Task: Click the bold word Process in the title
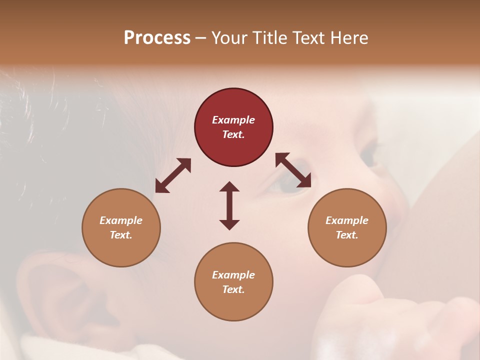[x=157, y=38]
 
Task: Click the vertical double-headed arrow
[x=229, y=205]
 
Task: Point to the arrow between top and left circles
[x=173, y=175]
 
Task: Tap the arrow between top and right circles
[x=293, y=170]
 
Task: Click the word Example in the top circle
[x=233, y=120]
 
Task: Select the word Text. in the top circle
[x=233, y=134]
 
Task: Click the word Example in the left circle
[x=121, y=220]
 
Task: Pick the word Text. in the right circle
[x=347, y=235]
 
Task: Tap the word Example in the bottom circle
[x=233, y=275]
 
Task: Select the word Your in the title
[x=228, y=38]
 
